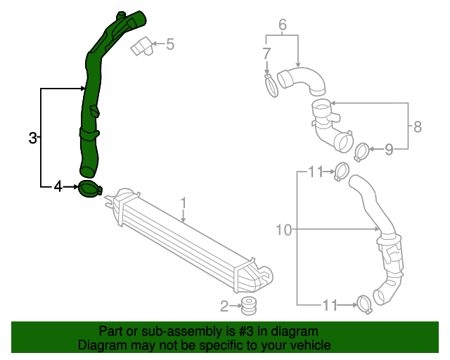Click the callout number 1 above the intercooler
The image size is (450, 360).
click(x=184, y=202)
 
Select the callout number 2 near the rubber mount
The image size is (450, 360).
click(x=224, y=306)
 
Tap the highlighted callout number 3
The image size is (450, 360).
click(x=32, y=139)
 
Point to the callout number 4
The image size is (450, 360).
click(x=58, y=186)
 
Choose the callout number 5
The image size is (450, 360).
click(x=169, y=45)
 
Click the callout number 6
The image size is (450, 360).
click(x=283, y=25)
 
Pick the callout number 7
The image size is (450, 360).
click(x=266, y=53)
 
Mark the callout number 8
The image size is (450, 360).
click(x=418, y=127)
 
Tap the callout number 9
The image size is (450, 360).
click(x=388, y=148)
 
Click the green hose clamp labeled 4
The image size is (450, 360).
click(x=90, y=189)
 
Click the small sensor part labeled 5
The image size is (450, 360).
click(x=142, y=46)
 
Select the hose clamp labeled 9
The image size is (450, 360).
click(x=361, y=150)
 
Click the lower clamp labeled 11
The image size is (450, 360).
click(x=364, y=304)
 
